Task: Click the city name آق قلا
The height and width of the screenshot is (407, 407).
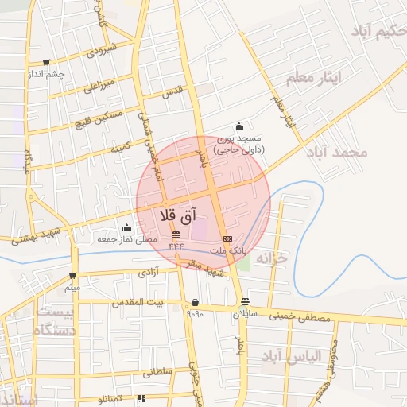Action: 178,215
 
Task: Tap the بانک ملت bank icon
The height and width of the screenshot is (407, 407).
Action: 228,238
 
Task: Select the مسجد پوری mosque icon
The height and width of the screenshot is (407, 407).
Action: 238,126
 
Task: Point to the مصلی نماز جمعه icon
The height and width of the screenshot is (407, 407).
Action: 126,228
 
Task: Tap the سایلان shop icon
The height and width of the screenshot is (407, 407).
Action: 245,302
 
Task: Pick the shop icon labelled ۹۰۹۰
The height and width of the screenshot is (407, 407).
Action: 196,302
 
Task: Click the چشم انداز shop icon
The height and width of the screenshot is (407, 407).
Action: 47,63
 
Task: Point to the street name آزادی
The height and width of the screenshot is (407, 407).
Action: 148,272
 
